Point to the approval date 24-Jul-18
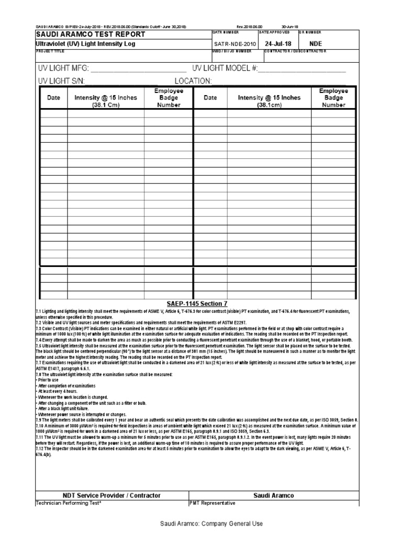pyautogui.click(x=276, y=44)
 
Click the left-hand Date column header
pyautogui.click(x=53, y=98)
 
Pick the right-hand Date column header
pyautogui.click(x=210, y=98)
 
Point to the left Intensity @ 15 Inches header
pyautogui.click(x=106, y=101)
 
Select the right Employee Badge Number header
pyautogui.click(x=334, y=98)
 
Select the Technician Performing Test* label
pyautogui.click(x=68, y=503)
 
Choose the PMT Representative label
pyautogui.click(x=212, y=503)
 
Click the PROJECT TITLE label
pyautogui.click(x=48, y=51)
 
